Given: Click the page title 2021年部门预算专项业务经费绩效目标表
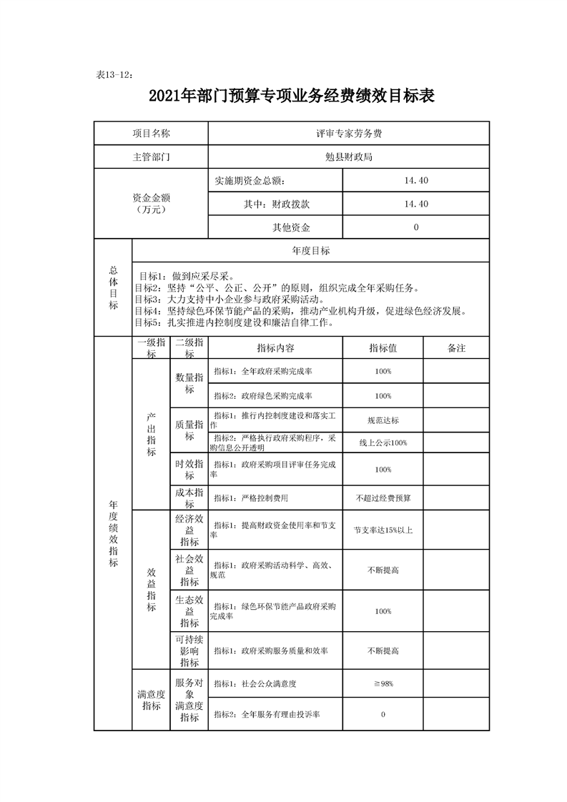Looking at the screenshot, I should pyautogui.click(x=292, y=96).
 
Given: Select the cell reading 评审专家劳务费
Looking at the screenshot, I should pyautogui.click(x=348, y=133).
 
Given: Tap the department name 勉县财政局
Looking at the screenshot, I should pyautogui.click(x=348, y=157).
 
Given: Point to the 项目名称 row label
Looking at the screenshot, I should pyautogui.click(x=151, y=133).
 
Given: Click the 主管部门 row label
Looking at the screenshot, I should pyautogui.click(x=151, y=157).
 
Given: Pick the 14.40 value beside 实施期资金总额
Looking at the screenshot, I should pyautogui.click(x=415, y=181).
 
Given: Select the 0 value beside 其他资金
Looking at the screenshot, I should pyautogui.click(x=415, y=227).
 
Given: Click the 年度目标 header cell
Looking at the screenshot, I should pyautogui.click(x=311, y=251).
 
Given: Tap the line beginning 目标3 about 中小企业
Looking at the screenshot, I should pyautogui.click(x=229, y=299).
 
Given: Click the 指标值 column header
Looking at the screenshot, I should pyautogui.click(x=383, y=348).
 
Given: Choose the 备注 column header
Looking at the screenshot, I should pyautogui.click(x=456, y=348).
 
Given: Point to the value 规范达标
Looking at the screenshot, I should pyautogui.click(x=383, y=420).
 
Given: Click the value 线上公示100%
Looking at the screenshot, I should pyautogui.click(x=383, y=443).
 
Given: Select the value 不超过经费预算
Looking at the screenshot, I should pyautogui.click(x=383, y=497).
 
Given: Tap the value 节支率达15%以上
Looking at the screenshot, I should pyautogui.click(x=383, y=530).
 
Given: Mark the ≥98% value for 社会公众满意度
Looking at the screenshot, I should pyautogui.click(x=383, y=684).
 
